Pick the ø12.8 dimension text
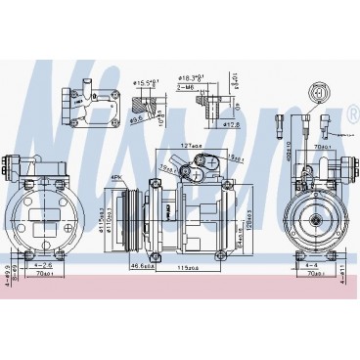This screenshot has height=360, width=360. coord(232,125)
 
